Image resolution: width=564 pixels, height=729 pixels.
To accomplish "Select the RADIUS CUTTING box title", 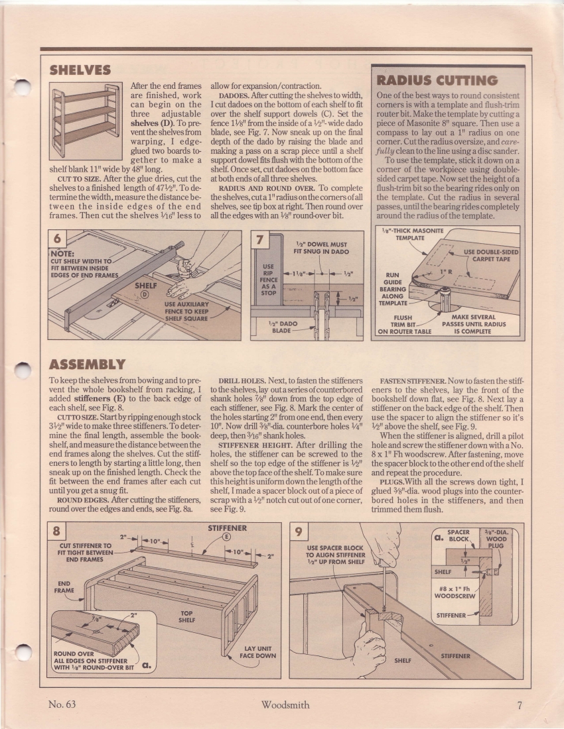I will point(437,80).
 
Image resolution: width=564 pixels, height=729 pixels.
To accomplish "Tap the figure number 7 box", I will point(261,239).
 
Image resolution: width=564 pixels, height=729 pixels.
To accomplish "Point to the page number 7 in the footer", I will point(519,704).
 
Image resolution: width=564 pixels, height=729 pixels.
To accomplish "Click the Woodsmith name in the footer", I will point(285,704).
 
